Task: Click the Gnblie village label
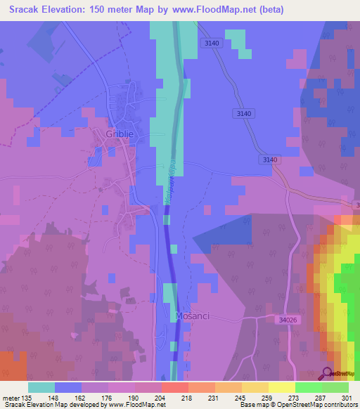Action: click(118, 135)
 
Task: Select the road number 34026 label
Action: click(288, 320)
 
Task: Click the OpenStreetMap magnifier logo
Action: click(327, 375)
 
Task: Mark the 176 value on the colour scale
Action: click(108, 396)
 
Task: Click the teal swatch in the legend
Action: click(41, 387)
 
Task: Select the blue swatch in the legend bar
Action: click(68, 387)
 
